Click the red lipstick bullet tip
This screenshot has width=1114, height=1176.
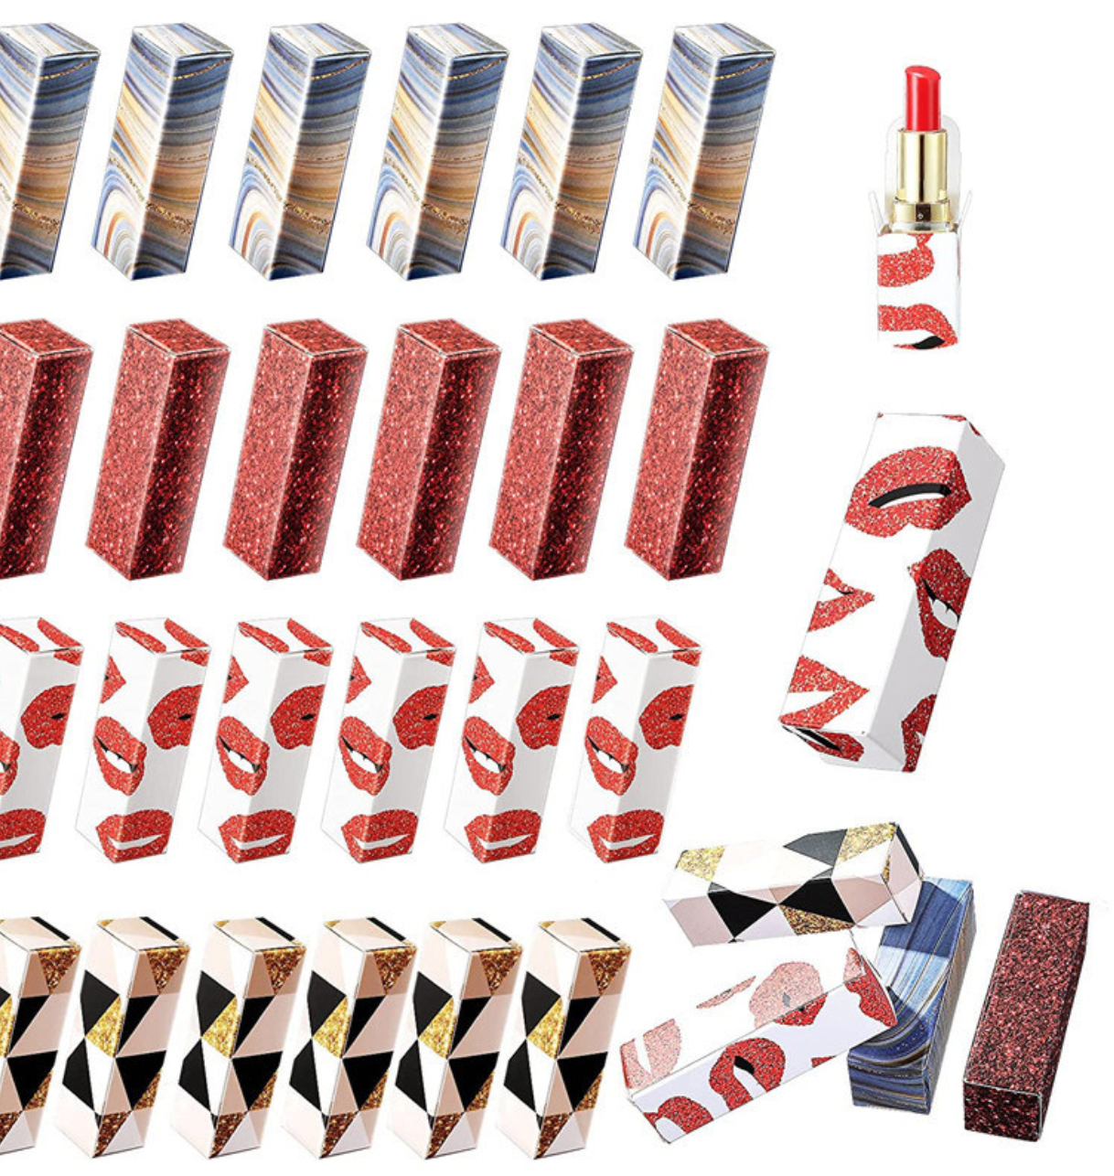[922, 92]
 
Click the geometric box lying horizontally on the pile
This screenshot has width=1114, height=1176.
[792, 880]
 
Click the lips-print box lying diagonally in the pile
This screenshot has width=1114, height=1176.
[755, 1042]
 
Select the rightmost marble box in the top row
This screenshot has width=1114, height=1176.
[704, 151]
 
